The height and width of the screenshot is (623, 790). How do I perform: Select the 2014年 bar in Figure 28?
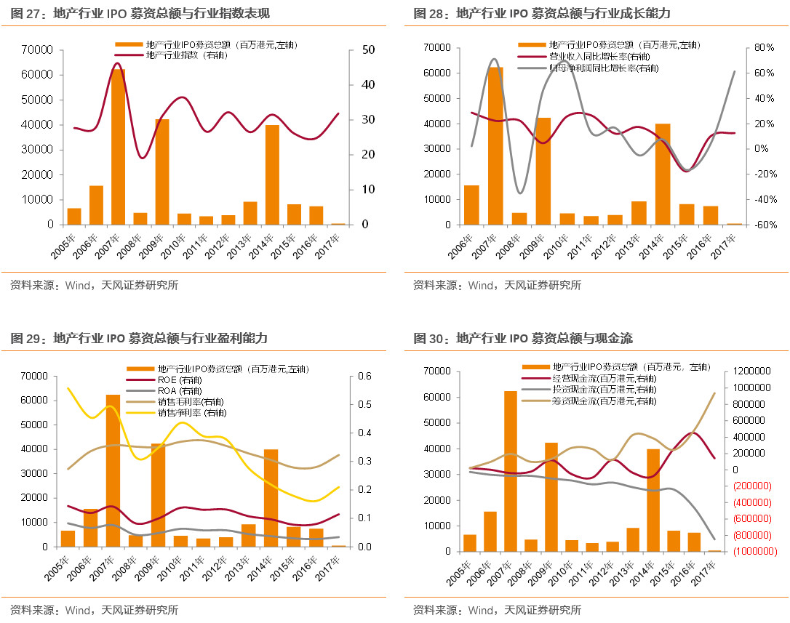coord(663,174)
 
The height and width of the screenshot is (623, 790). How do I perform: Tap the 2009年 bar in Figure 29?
coord(159,495)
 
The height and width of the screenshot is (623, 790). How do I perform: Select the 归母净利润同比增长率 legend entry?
coord(588,68)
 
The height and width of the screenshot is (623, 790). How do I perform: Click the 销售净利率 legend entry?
coord(191,413)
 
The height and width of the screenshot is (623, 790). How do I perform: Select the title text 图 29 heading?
coord(138,338)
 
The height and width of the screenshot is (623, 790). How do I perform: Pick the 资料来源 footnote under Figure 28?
coord(497,286)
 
